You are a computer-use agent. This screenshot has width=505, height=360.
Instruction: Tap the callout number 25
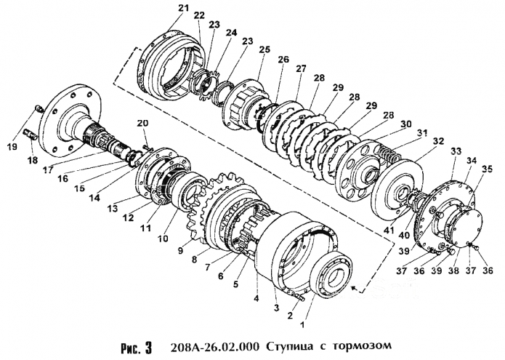pyautogui.click(x=264, y=49)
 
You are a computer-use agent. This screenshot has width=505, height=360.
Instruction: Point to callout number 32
pyautogui.click(x=436, y=140)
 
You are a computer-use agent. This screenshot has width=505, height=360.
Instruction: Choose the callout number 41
pyautogui.click(x=390, y=233)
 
